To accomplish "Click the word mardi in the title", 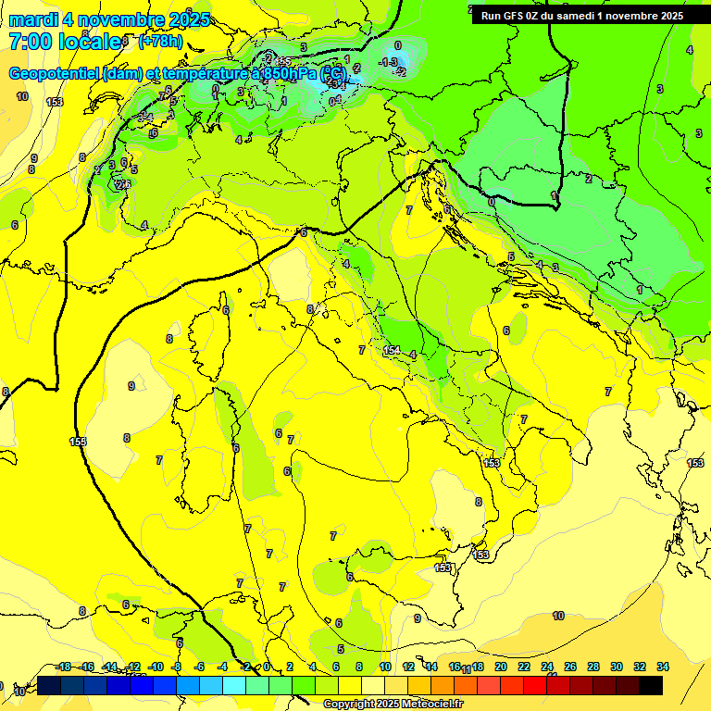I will (33, 19).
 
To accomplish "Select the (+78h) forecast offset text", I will (160, 42).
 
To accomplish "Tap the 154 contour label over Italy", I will (392, 351).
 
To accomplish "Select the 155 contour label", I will (78, 442).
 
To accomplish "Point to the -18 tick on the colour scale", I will (63, 667).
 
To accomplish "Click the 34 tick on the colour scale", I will (663, 667).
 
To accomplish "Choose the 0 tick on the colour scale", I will (267, 667).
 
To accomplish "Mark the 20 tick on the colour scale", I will (501, 667).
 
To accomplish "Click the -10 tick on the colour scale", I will (156, 667).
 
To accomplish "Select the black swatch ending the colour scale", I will (651, 685).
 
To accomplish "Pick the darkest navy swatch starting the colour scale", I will (49, 685).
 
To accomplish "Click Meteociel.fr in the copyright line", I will (430, 705).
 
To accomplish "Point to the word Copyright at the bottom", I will (348, 705).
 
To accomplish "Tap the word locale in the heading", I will (90, 42).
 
